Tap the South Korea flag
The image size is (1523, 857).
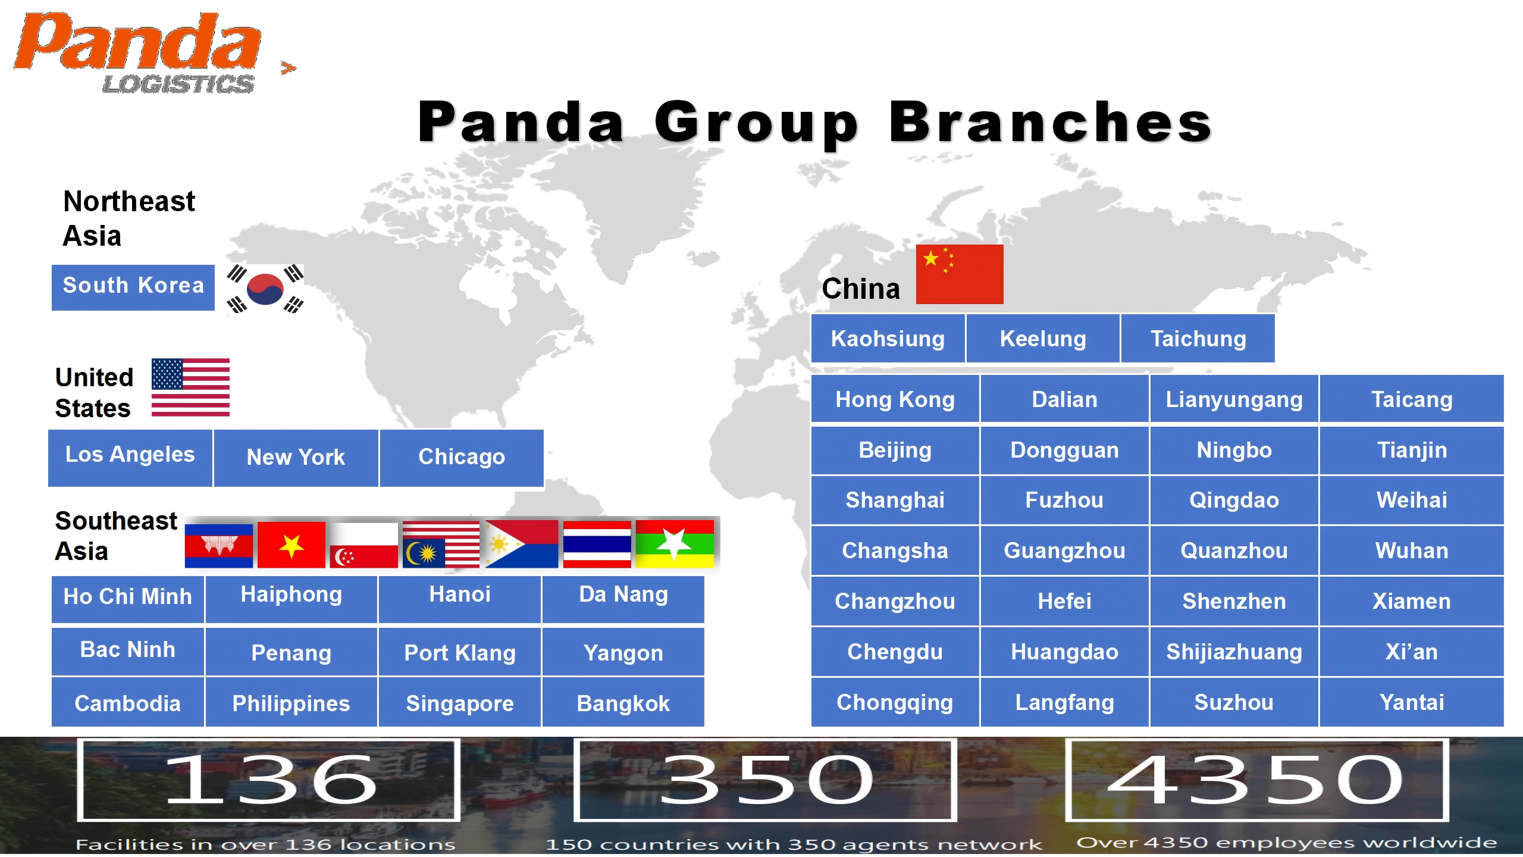pos(265,289)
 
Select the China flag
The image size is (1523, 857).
pos(960,274)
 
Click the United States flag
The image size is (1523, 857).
pos(190,387)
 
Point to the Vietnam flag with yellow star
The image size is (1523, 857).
pos(292,545)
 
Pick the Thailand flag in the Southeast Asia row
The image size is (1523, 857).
pos(597,545)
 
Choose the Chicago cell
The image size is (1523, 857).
pos(462,458)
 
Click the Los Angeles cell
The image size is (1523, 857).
pos(130,458)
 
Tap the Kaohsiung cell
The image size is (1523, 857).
pos(888,339)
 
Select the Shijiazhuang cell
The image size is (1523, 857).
pos(1234,652)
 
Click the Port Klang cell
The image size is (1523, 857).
pos(460,652)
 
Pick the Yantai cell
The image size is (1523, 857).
pos(1412,702)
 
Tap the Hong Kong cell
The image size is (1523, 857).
pos(895,399)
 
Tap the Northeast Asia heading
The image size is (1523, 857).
pos(129,218)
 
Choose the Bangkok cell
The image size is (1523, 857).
pos(623,703)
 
